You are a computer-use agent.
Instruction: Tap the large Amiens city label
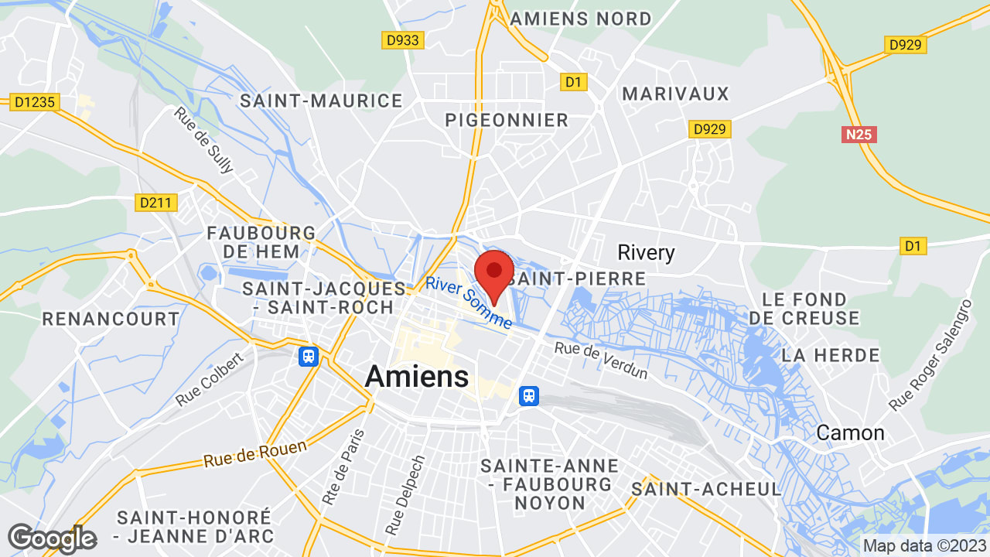click(x=416, y=377)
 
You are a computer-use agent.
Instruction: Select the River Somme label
click(x=469, y=302)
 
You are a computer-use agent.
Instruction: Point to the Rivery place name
click(x=646, y=253)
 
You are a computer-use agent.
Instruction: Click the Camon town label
click(x=850, y=432)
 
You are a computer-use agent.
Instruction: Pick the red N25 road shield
click(x=859, y=135)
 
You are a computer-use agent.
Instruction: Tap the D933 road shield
click(x=403, y=40)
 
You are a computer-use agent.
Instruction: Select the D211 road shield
click(x=157, y=203)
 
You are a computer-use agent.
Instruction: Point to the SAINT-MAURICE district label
click(x=321, y=101)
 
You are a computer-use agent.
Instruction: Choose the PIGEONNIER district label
click(x=507, y=120)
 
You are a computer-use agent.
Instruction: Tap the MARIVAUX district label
click(x=676, y=94)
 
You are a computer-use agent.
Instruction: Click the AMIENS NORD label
click(x=581, y=18)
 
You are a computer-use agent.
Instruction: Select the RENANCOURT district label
click(x=111, y=319)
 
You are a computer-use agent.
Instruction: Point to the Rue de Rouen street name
click(x=255, y=453)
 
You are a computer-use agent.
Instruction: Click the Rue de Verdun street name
click(x=601, y=361)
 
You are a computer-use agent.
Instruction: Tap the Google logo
click(x=52, y=538)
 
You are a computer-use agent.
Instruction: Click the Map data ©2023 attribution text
click(x=924, y=545)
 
